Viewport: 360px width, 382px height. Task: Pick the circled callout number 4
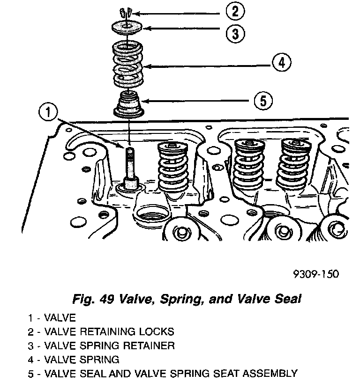(x=281, y=63)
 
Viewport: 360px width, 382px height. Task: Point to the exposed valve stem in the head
(x=130, y=164)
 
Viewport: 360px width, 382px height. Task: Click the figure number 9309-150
(x=317, y=273)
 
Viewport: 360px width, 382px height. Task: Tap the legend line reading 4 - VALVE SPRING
(x=74, y=360)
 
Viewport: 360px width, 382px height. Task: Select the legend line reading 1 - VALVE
(x=52, y=318)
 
